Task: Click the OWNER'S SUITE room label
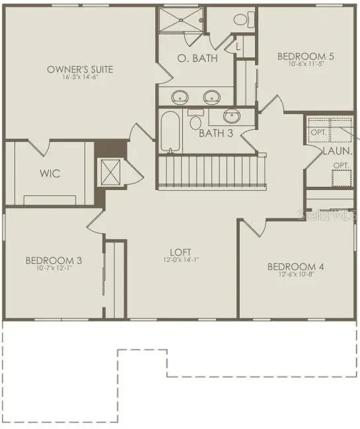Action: tap(80, 69)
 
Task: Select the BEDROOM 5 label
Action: tap(305, 56)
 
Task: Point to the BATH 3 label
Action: tap(216, 133)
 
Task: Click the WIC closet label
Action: tap(50, 174)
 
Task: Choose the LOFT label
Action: tap(180, 251)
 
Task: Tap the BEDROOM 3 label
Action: tap(54, 261)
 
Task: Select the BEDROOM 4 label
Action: tap(295, 267)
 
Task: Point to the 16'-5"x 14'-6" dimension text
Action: tap(80, 77)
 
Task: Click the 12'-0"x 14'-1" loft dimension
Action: tap(180, 259)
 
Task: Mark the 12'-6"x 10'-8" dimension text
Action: tap(295, 275)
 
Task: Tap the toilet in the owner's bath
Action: tap(242, 19)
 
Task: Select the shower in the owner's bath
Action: tap(181, 21)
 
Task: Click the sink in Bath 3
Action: tap(232, 116)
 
